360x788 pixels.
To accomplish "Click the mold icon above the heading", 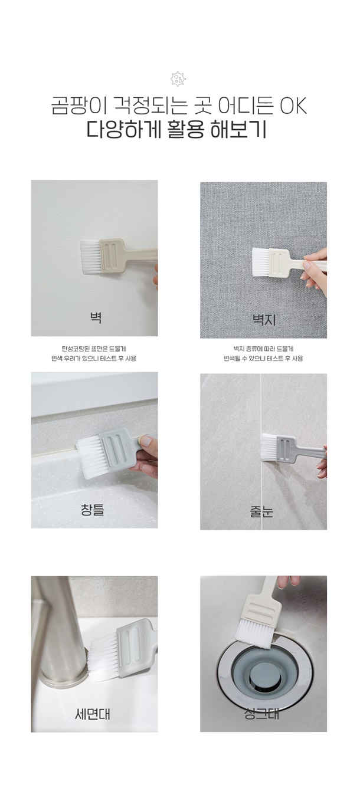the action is click(178, 79).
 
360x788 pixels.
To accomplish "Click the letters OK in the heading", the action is click(293, 106).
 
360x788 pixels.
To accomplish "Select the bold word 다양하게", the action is click(123, 129).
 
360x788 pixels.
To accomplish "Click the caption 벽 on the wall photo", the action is click(95, 318).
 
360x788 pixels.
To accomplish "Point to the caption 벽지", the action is click(264, 320).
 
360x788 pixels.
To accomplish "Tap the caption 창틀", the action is click(92, 510).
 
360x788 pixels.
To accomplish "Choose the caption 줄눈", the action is click(261, 511).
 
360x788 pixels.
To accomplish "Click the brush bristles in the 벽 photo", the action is click(90, 257).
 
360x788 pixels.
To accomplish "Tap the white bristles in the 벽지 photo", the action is click(261, 262).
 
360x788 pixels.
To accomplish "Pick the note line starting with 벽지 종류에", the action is click(263, 349).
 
